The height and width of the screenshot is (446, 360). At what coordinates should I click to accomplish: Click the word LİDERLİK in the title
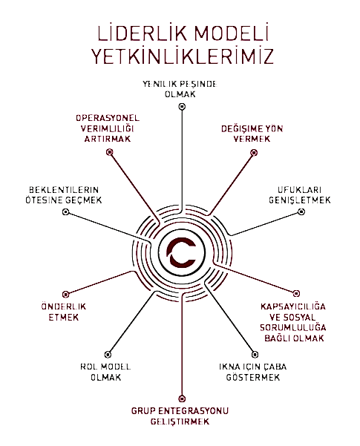tap(143, 33)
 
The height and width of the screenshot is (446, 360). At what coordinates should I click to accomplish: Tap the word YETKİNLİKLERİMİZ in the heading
tap(182, 56)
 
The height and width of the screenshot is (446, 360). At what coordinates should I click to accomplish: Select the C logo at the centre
tap(182, 252)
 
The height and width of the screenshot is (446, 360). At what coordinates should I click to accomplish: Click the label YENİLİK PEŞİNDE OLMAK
tap(180, 89)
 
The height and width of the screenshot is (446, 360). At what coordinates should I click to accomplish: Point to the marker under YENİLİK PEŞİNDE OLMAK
tap(182, 107)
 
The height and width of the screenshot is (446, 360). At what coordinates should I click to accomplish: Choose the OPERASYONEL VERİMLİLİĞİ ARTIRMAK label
tap(108, 128)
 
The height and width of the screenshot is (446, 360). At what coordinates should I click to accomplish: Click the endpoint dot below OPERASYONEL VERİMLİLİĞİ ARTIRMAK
tap(110, 152)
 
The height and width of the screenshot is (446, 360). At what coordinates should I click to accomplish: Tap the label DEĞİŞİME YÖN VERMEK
tap(252, 134)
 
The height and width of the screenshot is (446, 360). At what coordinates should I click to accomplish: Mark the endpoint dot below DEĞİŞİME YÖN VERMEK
tap(254, 153)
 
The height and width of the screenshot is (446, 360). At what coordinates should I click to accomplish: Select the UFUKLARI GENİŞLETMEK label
tap(300, 195)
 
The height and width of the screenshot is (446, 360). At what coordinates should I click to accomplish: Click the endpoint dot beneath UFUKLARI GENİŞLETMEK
tap(301, 212)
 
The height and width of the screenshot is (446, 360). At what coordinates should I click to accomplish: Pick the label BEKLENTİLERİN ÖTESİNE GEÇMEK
tap(64, 195)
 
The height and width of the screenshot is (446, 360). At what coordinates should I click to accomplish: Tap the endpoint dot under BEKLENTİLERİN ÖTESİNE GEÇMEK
tap(66, 212)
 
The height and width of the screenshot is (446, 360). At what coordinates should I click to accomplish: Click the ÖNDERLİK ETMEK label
tap(64, 312)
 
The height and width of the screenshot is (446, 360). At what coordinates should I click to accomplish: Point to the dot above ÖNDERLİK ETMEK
tap(66, 294)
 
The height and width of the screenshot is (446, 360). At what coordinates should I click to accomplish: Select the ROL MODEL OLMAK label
tap(105, 372)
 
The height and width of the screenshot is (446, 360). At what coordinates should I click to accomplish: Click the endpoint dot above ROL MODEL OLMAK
tap(108, 355)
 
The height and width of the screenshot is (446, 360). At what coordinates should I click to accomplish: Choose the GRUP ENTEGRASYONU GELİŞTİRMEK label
tap(180, 416)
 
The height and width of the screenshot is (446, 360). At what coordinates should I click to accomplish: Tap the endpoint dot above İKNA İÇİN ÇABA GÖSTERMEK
tap(255, 355)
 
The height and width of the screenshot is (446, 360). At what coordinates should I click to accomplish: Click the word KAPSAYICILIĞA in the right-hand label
tap(293, 306)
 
